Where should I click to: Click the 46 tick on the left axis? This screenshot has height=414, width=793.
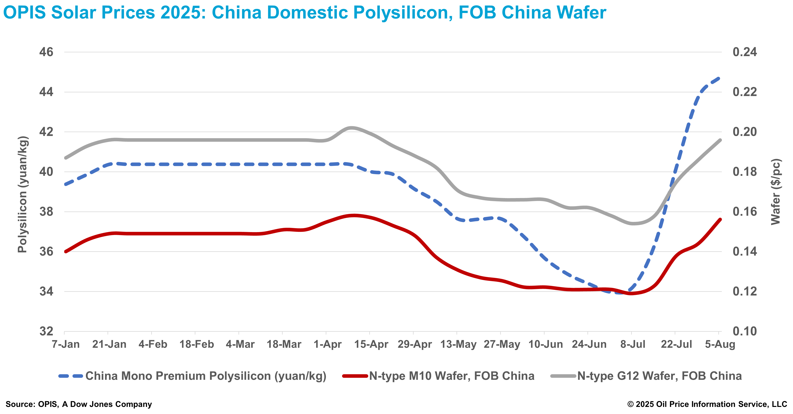[x=46, y=52]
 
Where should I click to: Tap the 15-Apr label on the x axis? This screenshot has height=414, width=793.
[x=371, y=344]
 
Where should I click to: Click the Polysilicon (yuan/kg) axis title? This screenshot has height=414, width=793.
[x=23, y=194]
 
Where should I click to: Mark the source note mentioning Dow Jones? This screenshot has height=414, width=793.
[x=79, y=404]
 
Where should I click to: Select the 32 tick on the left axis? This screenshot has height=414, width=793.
[x=46, y=331]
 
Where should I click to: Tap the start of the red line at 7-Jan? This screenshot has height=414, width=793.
[x=65, y=251]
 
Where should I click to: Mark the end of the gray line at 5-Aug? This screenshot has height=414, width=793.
[x=720, y=140]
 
